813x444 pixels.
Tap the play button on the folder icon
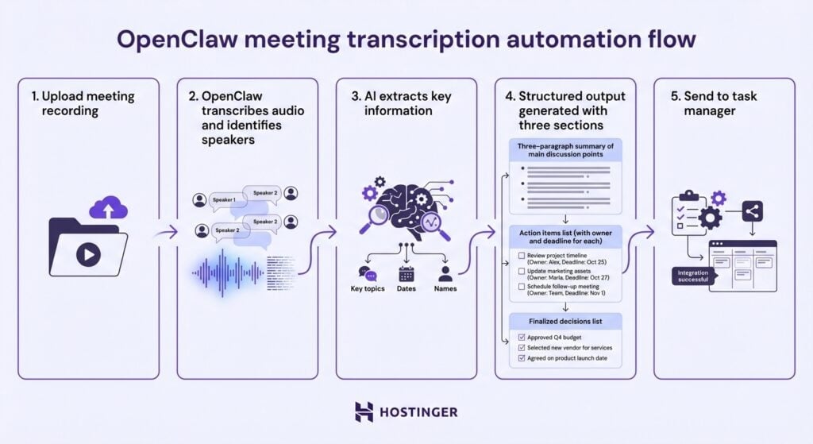click(x=88, y=254)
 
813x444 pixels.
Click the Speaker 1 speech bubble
click(x=224, y=200)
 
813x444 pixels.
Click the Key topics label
click(x=368, y=288)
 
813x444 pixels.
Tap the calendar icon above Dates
click(x=406, y=273)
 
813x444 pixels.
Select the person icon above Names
click(x=445, y=273)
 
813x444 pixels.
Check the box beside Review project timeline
click(x=521, y=256)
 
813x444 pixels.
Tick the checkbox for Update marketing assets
click(x=521, y=272)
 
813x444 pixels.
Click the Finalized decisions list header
click(x=564, y=321)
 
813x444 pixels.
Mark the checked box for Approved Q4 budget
click(x=521, y=337)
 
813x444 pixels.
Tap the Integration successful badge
click(x=693, y=276)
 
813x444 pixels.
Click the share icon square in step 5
click(x=753, y=210)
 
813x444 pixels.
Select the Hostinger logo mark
click(x=364, y=411)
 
